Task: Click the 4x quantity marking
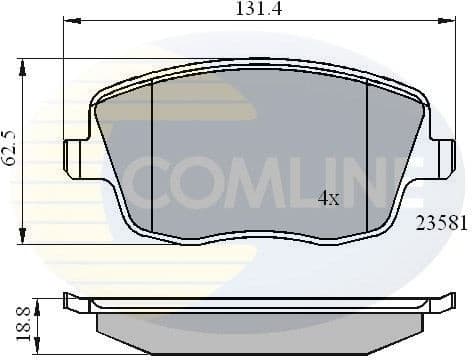point(328,198)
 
